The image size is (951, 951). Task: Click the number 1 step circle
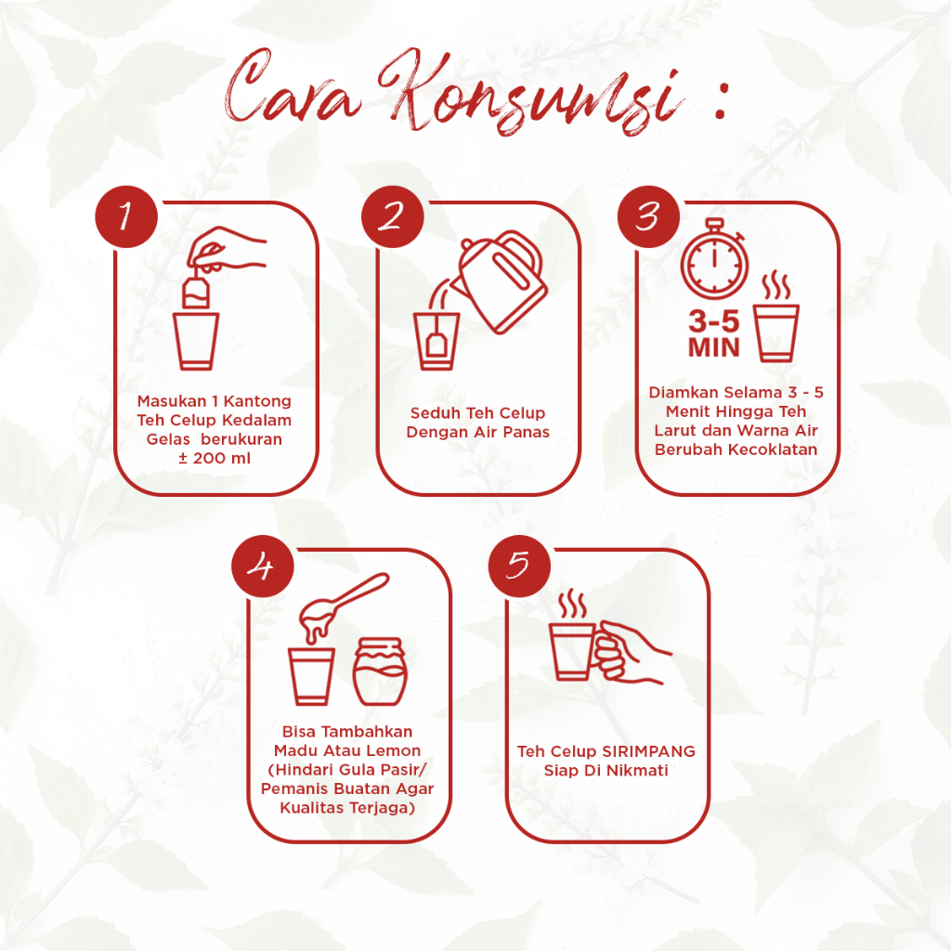click(x=126, y=216)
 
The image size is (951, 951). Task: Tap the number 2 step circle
click(x=393, y=216)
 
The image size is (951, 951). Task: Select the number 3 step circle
click(x=648, y=216)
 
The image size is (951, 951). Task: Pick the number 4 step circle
click(x=263, y=567)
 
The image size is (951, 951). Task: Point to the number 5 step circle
click(x=519, y=567)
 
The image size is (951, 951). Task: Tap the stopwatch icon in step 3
click(x=714, y=259)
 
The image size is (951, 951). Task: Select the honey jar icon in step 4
click(x=380, y=671)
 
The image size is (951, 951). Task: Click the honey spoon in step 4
click(x=344, y=605)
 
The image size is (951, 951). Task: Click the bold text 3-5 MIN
click(x=714, y=334)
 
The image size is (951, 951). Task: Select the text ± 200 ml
click(x=215, y=458)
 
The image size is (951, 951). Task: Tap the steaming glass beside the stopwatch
click(x=775, y=318)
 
